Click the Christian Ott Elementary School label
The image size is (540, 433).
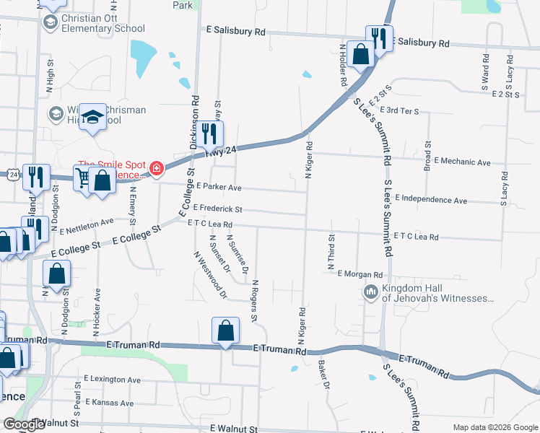coord(103,23)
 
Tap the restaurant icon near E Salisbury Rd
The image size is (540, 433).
coord(378,38)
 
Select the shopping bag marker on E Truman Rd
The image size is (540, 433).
coord(226,331)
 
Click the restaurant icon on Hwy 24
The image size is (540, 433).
coord(209,134)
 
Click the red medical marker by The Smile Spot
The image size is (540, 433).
coord(157,170)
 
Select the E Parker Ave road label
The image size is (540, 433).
coord(214,187)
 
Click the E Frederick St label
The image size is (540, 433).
coord(213,209)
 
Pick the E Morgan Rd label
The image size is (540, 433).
coord(360,275)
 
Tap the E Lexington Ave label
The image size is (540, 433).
coord(112,379)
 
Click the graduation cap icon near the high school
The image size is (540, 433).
coord(92,118)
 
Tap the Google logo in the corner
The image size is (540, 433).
coord(23,424)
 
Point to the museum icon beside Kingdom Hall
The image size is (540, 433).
coord(371,292)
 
